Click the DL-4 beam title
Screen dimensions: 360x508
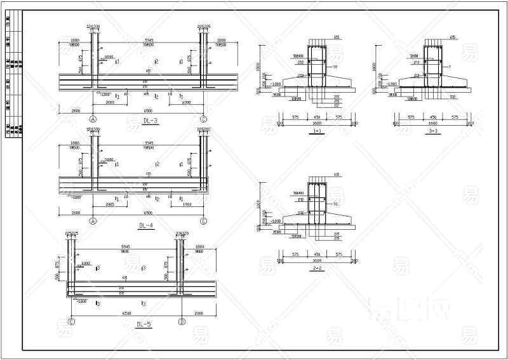pyautogui.click(x=147, y=225)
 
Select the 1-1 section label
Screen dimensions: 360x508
pyautogui.click(x=317, y=130)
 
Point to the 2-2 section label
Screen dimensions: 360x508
pyautogui.click(x=317, y=269)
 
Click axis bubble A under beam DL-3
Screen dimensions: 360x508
pyautogui.click(x=93, y=119)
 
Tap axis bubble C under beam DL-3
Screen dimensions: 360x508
pyautogui.click(x=203, y=119)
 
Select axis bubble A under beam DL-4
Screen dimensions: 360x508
pyautogui.click(x=93, y=221)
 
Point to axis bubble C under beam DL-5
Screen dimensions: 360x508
pyautogui.click(x=71, y=322)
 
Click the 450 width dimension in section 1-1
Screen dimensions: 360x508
pyautogui.click(x=317, y=117)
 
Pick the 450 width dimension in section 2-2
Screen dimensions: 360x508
pyautogui.click(x=317, y=255)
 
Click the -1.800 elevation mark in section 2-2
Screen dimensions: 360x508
pyautogui.click(x=277, y=221)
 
